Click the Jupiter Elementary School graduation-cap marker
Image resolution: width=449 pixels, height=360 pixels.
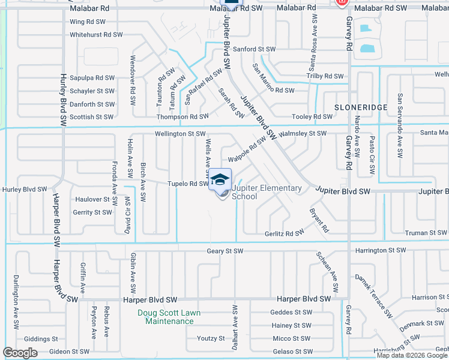pyautogui.click(x=220, y=181)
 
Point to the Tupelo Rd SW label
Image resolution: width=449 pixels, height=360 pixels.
pyautogui.click(x=188, y=184)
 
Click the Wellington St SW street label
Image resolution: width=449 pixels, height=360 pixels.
pyautogui.click(x=180, y=134)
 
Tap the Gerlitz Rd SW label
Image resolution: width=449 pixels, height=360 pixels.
pyautogui.click(x=284, y=233)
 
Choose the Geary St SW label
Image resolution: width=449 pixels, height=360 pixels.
pyautogui.click(x=225, y=251)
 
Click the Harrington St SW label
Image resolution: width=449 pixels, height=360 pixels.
pyautogui.click(x=381, y=250)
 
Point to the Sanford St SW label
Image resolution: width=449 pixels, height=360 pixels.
pyautogui.click(x=255, y=49)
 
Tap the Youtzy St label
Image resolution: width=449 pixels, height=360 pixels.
pyautogui.click(x=211, y=338)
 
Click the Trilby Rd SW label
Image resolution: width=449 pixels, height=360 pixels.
pyautogui.click(x=325, y=76)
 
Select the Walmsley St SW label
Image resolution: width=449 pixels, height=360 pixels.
pyautogui.click(x=303, y=133)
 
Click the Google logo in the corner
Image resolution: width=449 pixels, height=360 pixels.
pyautogui.click(x=20, y=352)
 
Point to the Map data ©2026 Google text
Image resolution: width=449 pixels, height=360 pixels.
pyautogui.click(x=412, y=355)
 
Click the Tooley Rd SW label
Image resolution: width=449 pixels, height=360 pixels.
pyautogui.click(x=312, y=116)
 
